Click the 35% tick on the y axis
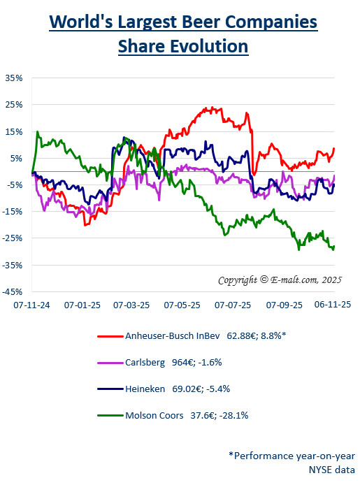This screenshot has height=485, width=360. pyautogui.click(x=13, y=78)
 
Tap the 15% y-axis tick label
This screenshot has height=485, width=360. pyautogui.click(x=13, y=131)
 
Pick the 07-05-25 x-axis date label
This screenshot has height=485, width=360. pyautogui.click(x=183, y=305)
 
